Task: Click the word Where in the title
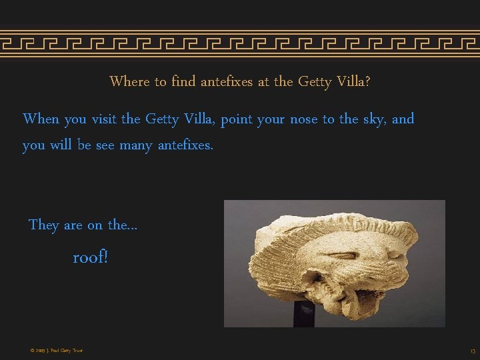click(129, 82)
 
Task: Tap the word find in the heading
click(183, 82)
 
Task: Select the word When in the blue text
click(41, 119)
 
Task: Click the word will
click(59, 145)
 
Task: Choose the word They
click(44, 225)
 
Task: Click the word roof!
click(90, 257)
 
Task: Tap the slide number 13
click(472, 351)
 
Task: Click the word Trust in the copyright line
click(76, 351)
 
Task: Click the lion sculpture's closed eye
click(342, 255)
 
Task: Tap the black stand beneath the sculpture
click(304, 314)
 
